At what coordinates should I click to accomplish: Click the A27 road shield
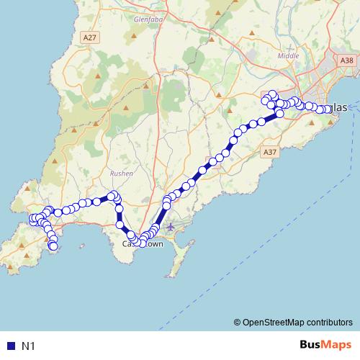coord(89,37)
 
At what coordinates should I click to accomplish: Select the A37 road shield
coord(270,153)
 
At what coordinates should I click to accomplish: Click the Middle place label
coord(287,55)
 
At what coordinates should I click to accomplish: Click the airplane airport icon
coord(170,228)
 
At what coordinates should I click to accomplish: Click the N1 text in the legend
coord(29,346)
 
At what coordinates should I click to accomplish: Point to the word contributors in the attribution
coord(328,322)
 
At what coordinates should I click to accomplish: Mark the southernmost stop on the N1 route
coord(53,247)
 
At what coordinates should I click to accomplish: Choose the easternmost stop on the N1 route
coord(328,109)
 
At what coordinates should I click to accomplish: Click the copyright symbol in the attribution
coord(237,322)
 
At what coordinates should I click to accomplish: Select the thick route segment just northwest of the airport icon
coord(162,215)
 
